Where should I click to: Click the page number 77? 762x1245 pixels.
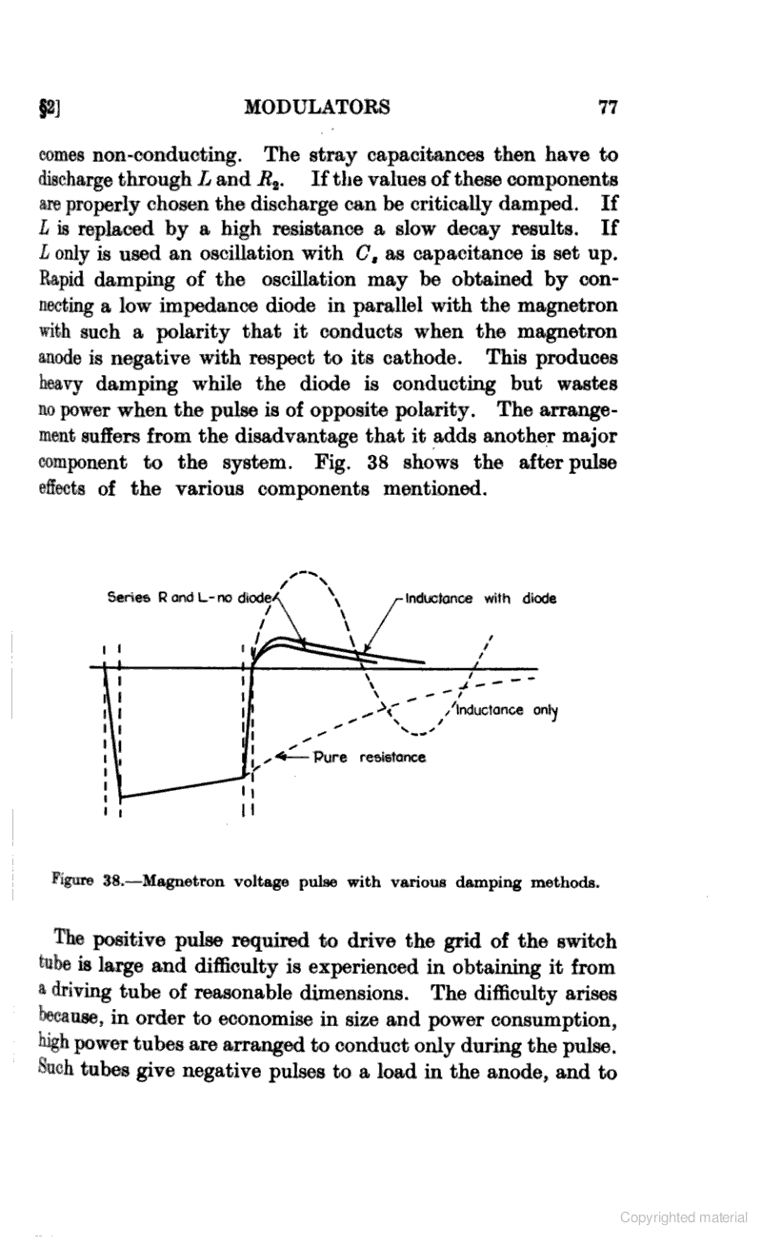607,107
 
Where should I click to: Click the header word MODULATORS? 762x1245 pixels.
317,107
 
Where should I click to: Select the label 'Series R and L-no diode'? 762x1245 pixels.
190,599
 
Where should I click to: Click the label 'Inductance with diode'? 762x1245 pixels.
480,599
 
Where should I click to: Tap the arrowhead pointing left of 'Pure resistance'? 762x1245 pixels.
280,758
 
